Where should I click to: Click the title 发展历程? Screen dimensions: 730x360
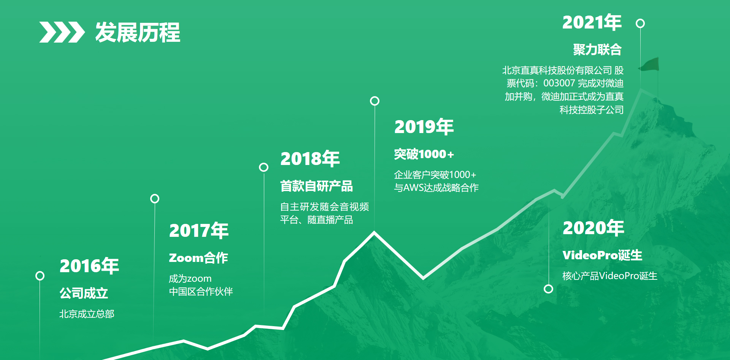(138, 32)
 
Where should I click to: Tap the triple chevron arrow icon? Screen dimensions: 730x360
(62, 32)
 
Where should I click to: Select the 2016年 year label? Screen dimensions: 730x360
(89, 266)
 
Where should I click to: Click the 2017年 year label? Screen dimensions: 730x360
(199, 230)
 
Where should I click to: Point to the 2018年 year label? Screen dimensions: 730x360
(310, 159)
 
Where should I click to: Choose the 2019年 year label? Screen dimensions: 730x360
(424, 127)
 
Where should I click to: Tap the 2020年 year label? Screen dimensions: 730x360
(593, 228)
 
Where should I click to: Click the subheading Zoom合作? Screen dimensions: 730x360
(198, 258)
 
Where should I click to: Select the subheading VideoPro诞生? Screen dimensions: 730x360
(602, 255)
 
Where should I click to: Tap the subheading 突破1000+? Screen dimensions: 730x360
(424, 154)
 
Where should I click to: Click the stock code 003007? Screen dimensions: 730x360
(559, 83)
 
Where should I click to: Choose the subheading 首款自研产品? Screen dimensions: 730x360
(316, 186)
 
